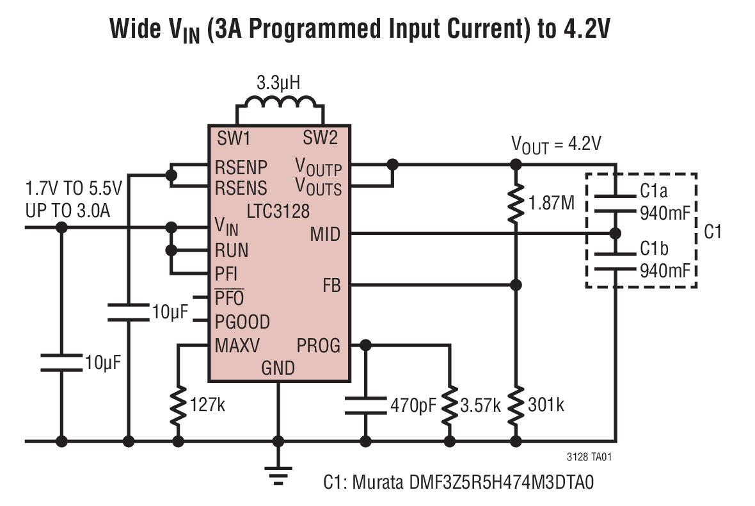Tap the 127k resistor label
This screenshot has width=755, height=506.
pos(207,405)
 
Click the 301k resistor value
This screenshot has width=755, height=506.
pos(546,405)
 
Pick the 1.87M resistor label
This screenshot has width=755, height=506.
pos(552,203)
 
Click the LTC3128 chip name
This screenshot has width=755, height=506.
pos(278,211)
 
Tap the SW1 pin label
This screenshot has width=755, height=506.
pos(234,138)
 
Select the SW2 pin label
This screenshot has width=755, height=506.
pos(320,138)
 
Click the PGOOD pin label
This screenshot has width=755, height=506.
pos(242,322)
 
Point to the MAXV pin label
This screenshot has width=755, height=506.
pos(237,345)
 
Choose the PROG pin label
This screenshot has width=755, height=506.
pos(318,345)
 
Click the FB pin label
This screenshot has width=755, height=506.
pos(332,286)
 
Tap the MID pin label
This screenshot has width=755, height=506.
pos(325,234)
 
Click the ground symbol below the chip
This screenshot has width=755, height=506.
pos(278,475)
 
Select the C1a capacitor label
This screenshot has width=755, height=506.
pos(654,192)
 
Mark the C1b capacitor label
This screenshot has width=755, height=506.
pos(654,249)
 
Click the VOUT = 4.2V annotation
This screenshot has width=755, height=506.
pos(556,145)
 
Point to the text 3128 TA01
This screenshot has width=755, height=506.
pos(589,457)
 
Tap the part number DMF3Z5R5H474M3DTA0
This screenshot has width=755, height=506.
pos(501,482)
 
